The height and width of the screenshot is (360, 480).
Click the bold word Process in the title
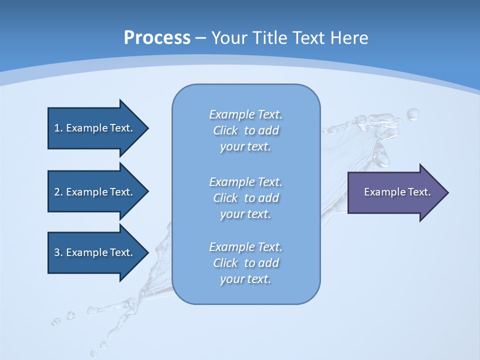[x=157, y=38]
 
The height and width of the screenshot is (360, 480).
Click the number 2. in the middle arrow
[x=58, y=192]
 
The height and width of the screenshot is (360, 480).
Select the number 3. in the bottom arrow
[x=58, y=252]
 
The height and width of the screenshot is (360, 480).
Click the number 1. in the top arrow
[x=58, y=128]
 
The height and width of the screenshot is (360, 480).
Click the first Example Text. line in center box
[x=245, y=114]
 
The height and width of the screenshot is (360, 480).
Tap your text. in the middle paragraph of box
[x=245, y=214]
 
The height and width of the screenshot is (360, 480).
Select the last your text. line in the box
[x=245, y=279]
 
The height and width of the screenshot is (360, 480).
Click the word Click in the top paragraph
[x=225, y=130]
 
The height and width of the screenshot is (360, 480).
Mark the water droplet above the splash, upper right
[x=413, y=114]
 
